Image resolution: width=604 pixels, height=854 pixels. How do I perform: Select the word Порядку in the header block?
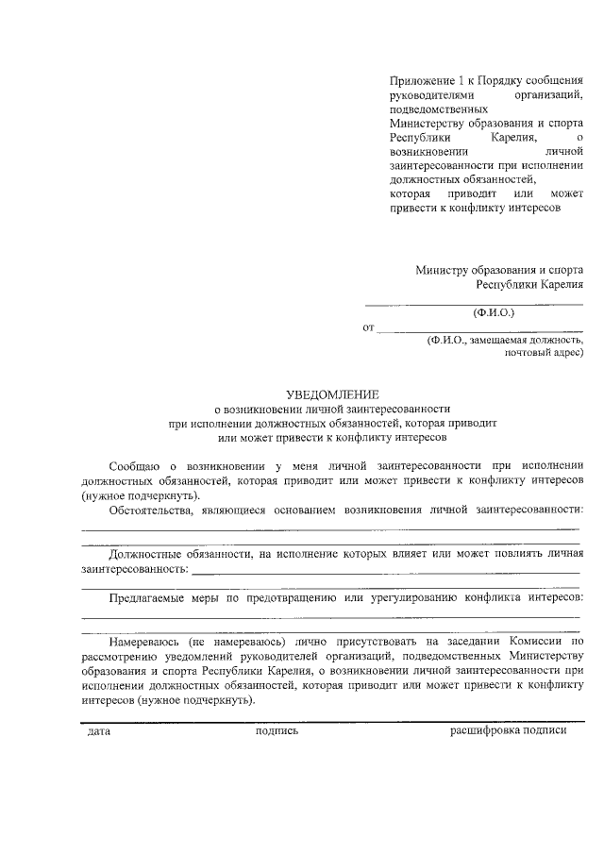pyautogui.click(x=501, y=81)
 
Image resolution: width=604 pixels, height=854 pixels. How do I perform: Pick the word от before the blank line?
pyautogui.click(x=368, y=327)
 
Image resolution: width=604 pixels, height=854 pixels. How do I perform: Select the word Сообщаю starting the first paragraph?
pyautogui.click(x=135, y=465)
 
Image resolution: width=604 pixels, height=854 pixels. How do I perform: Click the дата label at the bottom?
pyautogui.click(x=98, y=732)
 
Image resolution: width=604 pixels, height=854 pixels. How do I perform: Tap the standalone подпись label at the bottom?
pyautogui.click(x=277, y=732)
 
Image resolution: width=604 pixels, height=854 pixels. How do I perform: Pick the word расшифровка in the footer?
pyautogui.click(x=485, y=732)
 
